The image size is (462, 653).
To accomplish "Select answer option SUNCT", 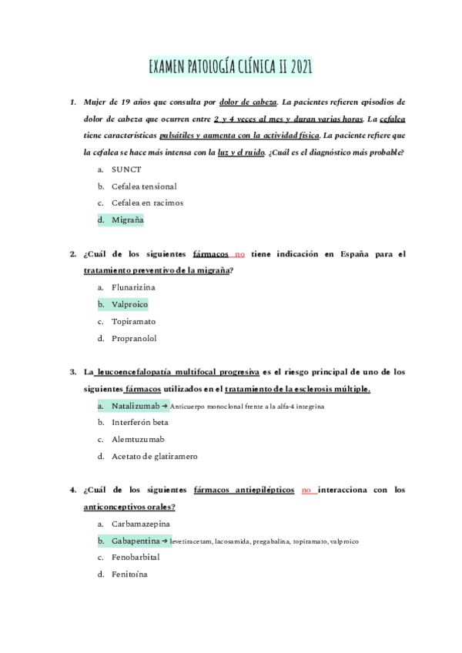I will [x=126, y=169].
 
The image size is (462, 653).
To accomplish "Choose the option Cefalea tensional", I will [x=144, y=186].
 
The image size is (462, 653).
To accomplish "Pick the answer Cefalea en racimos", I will [x=147, y=203].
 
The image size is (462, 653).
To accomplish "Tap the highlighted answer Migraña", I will [x=127, y=220].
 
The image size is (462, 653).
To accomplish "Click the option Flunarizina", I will [x=139, y=287].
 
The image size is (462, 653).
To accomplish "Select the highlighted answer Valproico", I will [x=129, y=304].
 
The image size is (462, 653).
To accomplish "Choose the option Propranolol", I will [x=134, y=338].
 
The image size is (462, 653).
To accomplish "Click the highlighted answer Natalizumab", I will [x=136, y=405].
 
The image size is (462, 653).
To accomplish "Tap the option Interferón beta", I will [x=140, y=422].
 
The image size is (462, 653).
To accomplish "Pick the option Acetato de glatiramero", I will [x=154, y=456].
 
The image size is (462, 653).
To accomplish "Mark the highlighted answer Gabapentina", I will [x=140, y=541].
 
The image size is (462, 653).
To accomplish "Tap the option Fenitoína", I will [x=129, y=574].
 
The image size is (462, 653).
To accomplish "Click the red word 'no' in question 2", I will [x=239, y=253].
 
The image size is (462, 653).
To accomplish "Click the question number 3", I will [x=72, y=372].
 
